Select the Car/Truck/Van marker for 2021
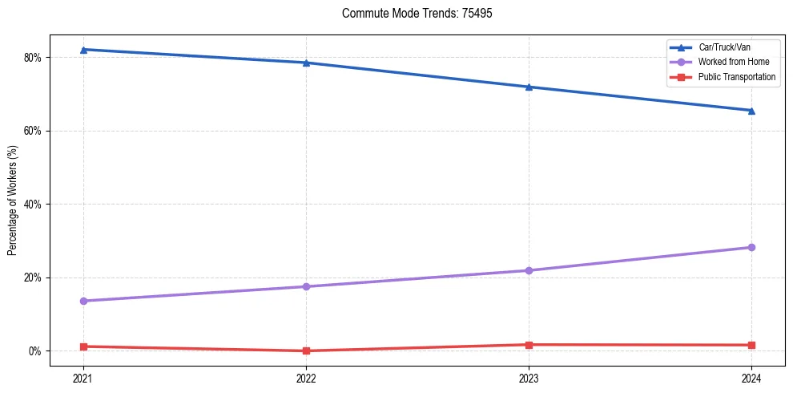[x=83, y=50]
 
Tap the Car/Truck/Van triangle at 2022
[x=306, y=63]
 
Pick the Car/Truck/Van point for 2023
[x=529, y=87]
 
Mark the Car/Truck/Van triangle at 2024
[x=751, y=110]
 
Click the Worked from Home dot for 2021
[x=83, y=301]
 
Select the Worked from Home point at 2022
[x=306, y=286]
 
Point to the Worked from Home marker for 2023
[x=529, y=270]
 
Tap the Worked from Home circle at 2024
[x=751, y=247]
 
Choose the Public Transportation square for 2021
[x=83, y=346]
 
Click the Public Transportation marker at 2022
[x=306, y=350]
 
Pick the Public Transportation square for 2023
[x=529, y=345]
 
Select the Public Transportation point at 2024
[x=751, y=345]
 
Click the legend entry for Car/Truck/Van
[x=723, y=47]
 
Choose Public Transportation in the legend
[x=736, y=77]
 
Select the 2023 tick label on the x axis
[x=529, y=378]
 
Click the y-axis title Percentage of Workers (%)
[x=13, y=201]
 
